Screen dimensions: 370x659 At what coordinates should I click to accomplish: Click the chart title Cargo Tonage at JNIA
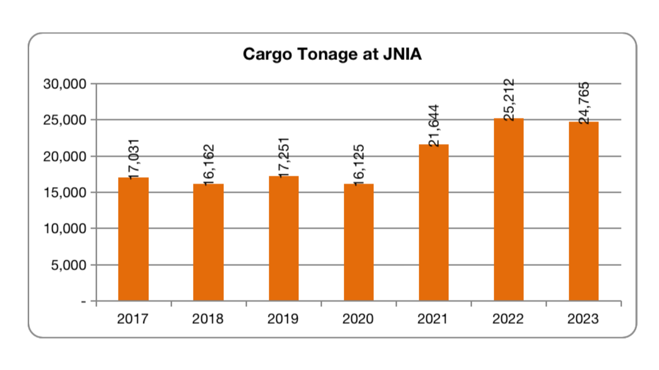(x=332, y=54)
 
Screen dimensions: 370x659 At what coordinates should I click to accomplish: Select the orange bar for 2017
(x=133, y=239)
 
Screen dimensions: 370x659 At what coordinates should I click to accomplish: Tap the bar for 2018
(x=208, y=242)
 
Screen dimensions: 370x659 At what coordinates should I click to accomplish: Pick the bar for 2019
(x=284, y=238)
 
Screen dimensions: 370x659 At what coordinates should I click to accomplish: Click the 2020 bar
(x=359, y=242)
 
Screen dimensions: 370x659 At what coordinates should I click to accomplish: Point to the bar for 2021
(x=434, y=222)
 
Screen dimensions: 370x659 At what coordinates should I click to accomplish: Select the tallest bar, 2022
(x=509, y=209)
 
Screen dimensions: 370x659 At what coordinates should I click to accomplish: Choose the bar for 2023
(x=584, y=211)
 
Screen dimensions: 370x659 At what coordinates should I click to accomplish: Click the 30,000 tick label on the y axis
(x=64, y=84)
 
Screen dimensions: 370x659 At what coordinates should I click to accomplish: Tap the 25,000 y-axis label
(x=64, y=120)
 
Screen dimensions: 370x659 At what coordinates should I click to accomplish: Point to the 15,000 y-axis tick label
(x=64, y=193)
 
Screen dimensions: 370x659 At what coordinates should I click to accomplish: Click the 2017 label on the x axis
(x=133, y=319)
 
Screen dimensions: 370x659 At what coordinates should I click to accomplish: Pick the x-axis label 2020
(x=358, y=319)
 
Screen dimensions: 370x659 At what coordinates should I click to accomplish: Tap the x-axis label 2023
(x=583, y=319)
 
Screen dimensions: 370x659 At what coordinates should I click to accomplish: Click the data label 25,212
(x=510, y=100)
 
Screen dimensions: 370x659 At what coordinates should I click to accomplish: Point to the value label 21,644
(x=434, y=125)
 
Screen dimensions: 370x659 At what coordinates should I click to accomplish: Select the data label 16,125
(x=359, y=164)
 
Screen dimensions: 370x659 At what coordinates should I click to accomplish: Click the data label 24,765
(x=585, y=103)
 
